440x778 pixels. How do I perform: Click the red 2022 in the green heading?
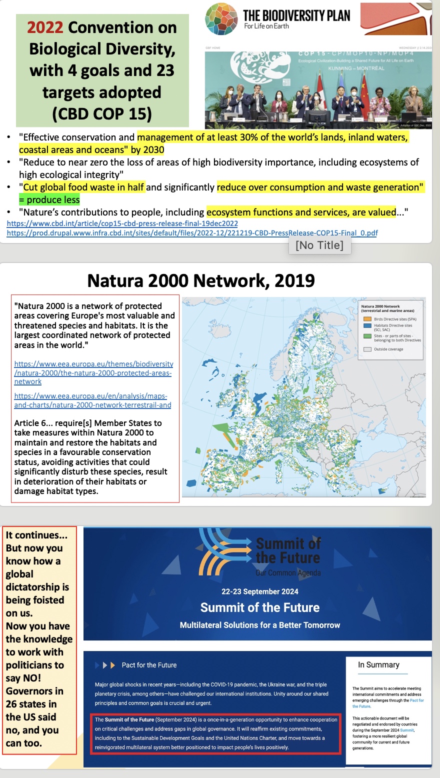tap(45, 27)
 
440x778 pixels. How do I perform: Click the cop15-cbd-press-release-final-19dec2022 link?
tap(122, 223)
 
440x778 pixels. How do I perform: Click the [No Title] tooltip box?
tap(319, 245)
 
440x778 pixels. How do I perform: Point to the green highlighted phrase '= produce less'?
tap(49, 200)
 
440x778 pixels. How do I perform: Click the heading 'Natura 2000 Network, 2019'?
tap(201, 280)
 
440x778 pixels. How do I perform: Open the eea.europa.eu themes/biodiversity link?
tap(93, 372)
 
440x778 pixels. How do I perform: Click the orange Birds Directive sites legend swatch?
tap(367, 319)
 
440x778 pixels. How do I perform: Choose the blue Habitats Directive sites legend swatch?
tap(367, 325)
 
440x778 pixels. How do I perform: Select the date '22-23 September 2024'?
tap(260, 591)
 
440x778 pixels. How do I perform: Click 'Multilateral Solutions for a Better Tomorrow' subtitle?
tap(260, 625)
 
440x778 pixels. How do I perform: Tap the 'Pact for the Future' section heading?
tap(149, 665)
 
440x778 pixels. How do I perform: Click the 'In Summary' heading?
tap(378, 664)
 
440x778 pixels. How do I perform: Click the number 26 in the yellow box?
tap(13, 704)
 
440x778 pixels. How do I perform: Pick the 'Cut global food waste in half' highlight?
tap(83, 187)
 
